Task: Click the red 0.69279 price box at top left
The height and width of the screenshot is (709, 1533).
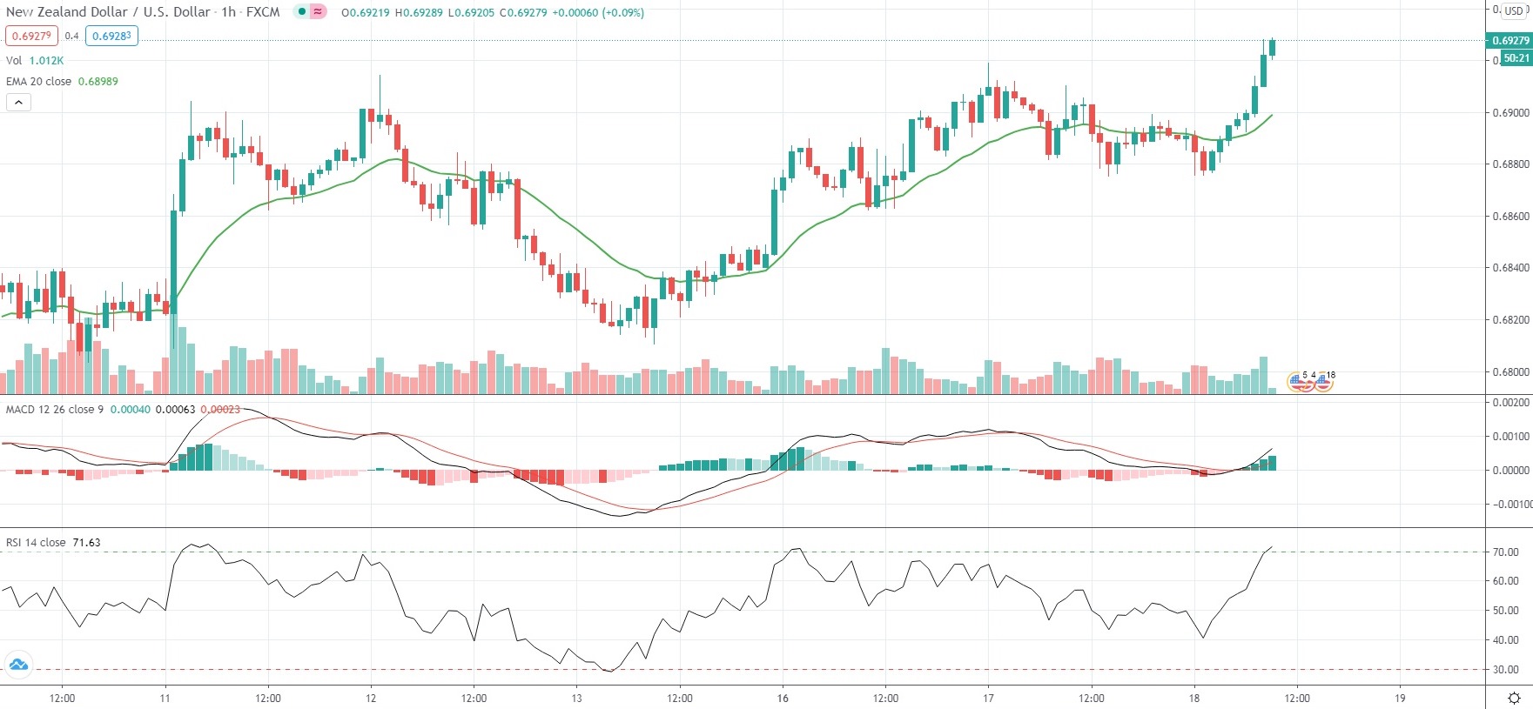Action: coord(31,36)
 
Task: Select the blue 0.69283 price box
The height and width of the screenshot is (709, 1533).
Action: coord(111,36)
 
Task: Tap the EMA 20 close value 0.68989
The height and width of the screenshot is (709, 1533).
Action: coord(97,81)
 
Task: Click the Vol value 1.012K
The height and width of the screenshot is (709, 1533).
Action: coord(46,60)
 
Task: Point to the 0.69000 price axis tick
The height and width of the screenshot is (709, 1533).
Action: coord(1510,113)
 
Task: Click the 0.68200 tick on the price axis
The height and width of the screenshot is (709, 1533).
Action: coord(1510,320)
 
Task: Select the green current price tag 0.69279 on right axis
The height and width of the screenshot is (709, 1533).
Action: coord(1509,41)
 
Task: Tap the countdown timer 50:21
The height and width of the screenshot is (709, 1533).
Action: coord(1516,58)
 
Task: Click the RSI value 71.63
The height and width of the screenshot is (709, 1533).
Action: coord(86,542)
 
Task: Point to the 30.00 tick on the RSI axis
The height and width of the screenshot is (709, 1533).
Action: coord(1505,670)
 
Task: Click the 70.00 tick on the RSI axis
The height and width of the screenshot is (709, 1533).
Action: coord(1505,552)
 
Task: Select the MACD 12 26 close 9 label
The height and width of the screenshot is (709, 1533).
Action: coord(54,409)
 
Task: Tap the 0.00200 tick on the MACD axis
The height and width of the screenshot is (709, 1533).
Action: coord(1510,403)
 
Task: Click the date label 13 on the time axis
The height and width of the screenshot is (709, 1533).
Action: coord(576,698)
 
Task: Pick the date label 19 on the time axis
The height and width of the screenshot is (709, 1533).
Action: coord(1400,698)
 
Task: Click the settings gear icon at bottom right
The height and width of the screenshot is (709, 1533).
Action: coord(1514,698)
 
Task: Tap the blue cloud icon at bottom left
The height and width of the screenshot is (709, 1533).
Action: coord(18,666)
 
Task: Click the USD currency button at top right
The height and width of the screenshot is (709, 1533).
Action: coord(1514,11)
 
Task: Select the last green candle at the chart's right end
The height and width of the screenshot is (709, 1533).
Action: coord(1272,48)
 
